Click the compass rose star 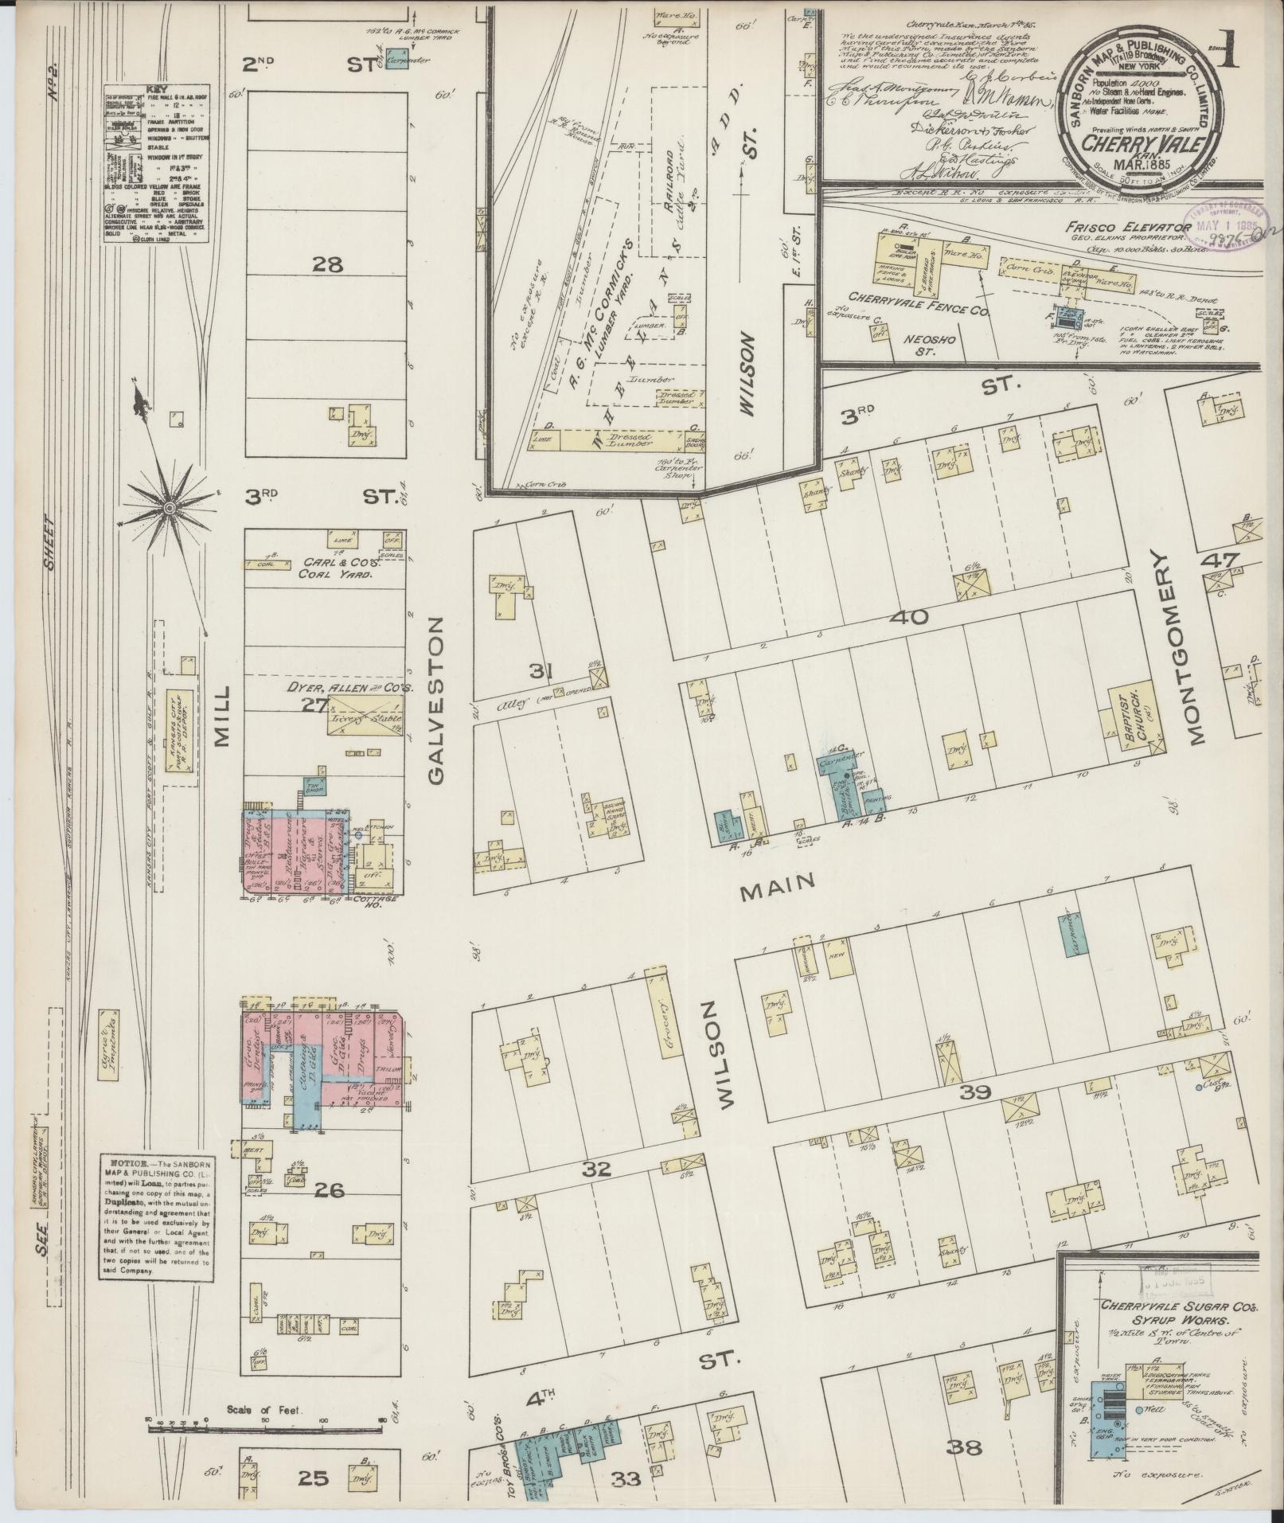(x=170, y=507)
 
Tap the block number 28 (x=328, y=264)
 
